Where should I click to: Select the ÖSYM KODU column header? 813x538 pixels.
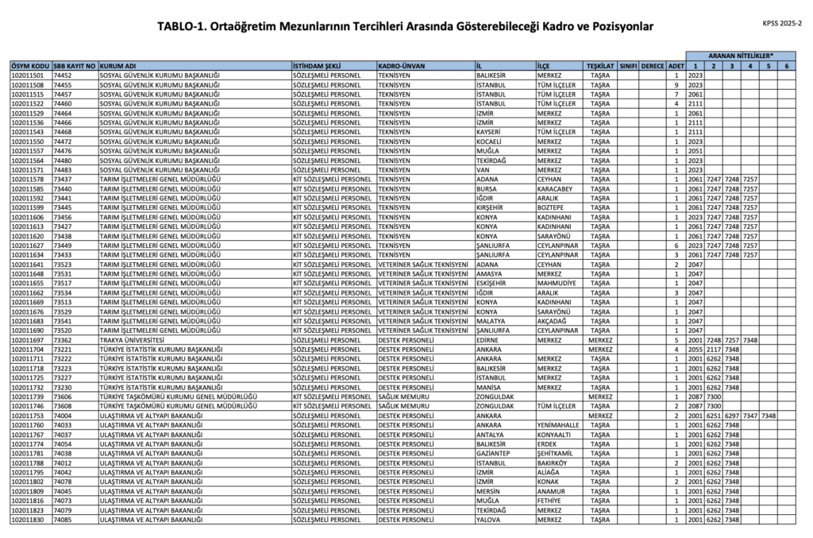coord(30,64)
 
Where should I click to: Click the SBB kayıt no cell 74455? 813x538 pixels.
coord(63,84)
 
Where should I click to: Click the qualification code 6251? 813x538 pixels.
coord(713,416)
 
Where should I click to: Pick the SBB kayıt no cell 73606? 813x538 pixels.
coord(63,397)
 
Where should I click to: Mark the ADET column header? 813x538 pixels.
coord(676,64)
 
